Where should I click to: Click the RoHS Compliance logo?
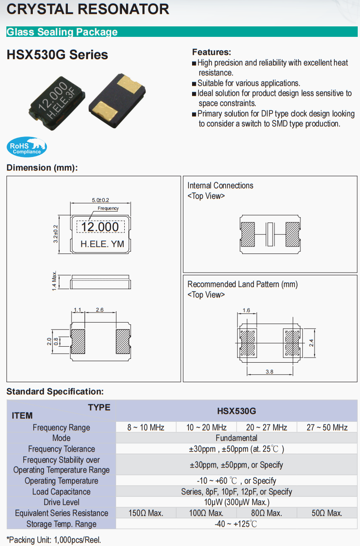[x=27, y=147]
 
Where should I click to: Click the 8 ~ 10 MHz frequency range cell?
[x=146, y=427]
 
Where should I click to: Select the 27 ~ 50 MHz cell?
[x=327, y=427]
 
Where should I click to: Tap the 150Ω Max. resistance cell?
[x=146, y=513]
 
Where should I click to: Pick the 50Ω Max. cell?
[x=327, y=513]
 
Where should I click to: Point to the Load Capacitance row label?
[x=61, y=492]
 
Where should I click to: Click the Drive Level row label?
[x=61, y=502]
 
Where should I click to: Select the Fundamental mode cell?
[x=237, y=438]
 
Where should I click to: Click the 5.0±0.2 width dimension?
[x=101, y=200]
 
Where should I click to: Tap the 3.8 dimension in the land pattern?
[x=269, y=372]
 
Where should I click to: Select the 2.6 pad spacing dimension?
[x=100, y=310]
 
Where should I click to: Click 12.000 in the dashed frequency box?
[x=100, y=227]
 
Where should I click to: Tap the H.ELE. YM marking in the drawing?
[x=102, y=244]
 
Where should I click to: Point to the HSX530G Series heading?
[x=57, y=55]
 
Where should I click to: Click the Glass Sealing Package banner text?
[x=62, y=32]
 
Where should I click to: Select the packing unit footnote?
[x=54, y=540]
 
